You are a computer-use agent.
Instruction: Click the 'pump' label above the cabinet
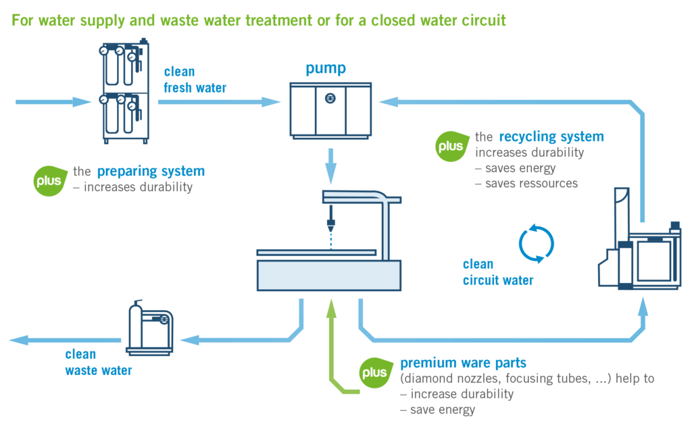326,68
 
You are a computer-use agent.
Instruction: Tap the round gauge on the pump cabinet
330,99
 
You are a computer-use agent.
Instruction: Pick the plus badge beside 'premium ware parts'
374,372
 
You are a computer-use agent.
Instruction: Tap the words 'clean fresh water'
195,80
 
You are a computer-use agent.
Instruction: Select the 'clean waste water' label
99,362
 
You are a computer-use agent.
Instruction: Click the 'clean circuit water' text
498,272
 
